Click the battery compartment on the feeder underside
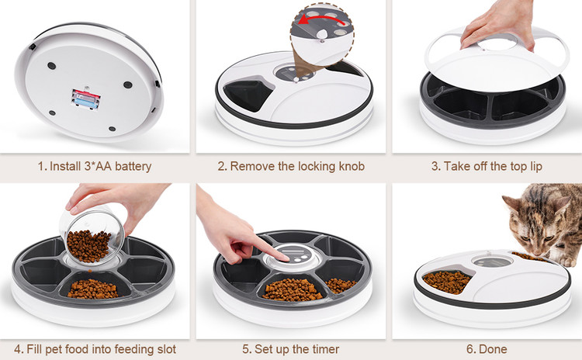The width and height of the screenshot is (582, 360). point(85,99)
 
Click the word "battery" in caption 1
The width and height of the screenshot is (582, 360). point(133,166)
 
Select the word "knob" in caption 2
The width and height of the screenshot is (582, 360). point(352,166)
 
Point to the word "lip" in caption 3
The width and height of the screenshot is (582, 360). point(536,166)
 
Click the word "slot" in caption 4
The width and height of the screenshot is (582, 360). point(167,349)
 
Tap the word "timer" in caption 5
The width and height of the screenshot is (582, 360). point(325,349)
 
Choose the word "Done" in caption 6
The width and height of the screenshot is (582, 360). point(492,349)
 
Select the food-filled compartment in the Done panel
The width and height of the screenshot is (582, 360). point(445,282)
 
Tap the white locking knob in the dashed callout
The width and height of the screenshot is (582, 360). point(322,34)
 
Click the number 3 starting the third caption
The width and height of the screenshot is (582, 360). point(435,166)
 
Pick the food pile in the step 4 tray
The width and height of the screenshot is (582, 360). point(92,289)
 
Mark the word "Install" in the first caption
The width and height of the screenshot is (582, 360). point(65,166)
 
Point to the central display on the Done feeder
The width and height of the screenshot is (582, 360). point(493,261)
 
